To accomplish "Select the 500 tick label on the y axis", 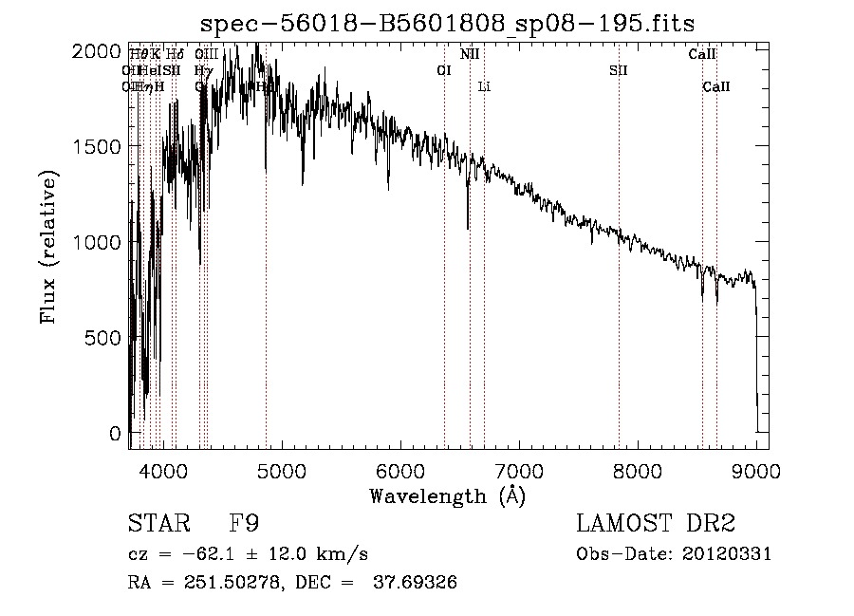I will point(105,338).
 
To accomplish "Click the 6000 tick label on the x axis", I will point(400,469).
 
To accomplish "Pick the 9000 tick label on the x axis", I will point(756,469).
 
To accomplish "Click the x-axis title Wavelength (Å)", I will point(447,495).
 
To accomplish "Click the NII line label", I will point(470,54).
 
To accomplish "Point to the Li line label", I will point(484,86).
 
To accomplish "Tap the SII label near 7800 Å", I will point(619,70).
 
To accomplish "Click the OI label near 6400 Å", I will point(443,70).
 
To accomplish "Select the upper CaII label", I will point(702,54).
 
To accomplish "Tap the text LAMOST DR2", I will point(656,523).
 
